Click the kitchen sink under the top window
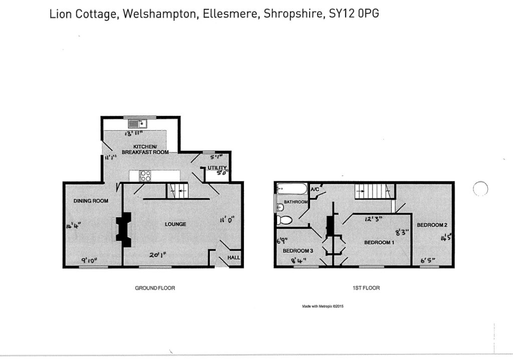137,122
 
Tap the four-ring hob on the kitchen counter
145,175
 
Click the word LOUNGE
175,224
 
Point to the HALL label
234,258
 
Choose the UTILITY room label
217,168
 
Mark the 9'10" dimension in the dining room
90,260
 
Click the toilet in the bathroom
285,220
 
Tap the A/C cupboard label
315,190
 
